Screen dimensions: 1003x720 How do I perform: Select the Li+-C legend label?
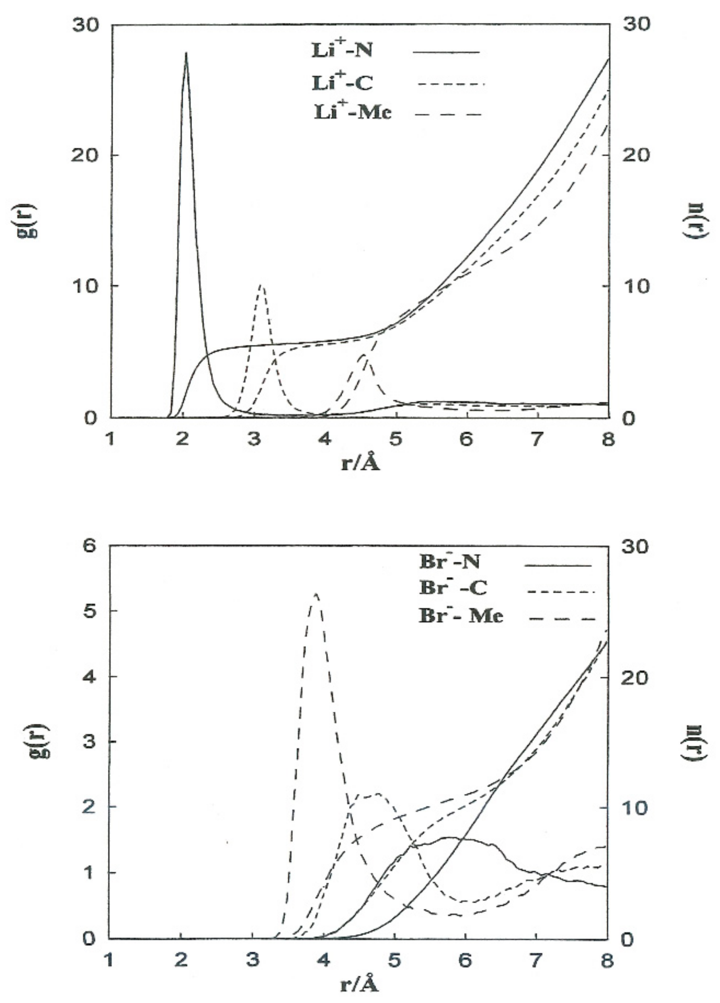pyautogui.click(x=341, y=83)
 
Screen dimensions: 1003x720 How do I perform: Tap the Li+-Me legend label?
pyautogui.click(x=353, y=112)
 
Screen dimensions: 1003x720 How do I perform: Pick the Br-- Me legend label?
pyautogui.click(x=461, y=615)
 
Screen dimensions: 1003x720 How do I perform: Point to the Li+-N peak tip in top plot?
pyautogui.click(x=186, y=53)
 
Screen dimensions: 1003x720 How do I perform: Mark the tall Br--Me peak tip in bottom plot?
pyautogui.click(x=316, y=594)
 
